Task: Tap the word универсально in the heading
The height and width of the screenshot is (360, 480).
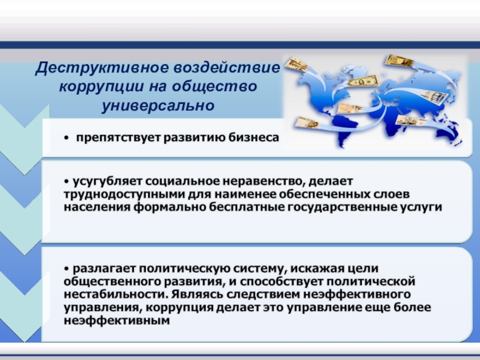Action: [x=158, y=106]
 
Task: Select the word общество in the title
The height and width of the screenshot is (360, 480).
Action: [x=214, y=86]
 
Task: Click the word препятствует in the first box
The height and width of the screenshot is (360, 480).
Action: [x=118, y=138]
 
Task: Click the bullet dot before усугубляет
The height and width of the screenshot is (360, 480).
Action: [x=67, y=182]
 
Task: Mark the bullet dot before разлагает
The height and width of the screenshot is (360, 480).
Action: [x=67, y=268]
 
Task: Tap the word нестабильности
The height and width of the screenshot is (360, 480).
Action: [x=116, y=294]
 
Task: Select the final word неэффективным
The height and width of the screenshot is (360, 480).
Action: [x=116, y=321]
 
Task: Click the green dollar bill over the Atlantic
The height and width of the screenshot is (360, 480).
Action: [x=364, y=81]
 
